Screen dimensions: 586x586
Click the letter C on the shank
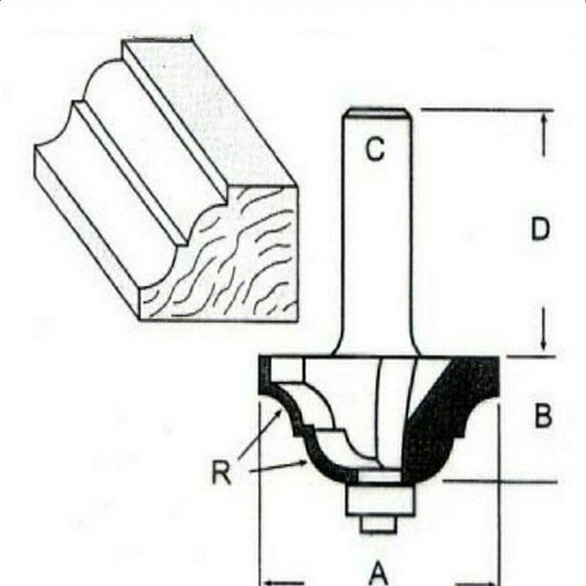tap(375, 150)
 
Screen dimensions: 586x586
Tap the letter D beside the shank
tap(542, 229)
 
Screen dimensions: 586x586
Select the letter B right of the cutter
tap(543, 415)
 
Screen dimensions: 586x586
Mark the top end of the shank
tap(376, 111)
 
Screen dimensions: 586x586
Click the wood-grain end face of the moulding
tap(226, 268)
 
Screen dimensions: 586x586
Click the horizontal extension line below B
tap(502, 481)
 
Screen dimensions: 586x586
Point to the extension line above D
tap(486, 110)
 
